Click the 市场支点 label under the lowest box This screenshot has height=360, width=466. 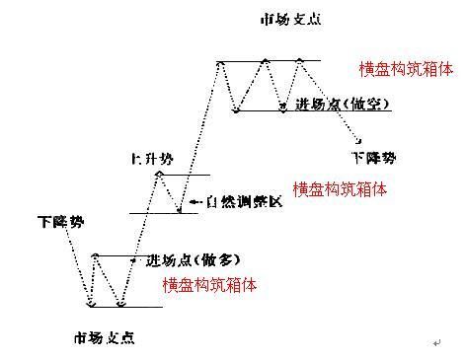coord(104,337)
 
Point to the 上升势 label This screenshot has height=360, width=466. coord(150,158)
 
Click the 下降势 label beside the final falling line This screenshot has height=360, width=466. coord(373,157)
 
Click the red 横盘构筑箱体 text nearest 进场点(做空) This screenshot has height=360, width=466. coord(406,68)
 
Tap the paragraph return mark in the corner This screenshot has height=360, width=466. coord(435,342)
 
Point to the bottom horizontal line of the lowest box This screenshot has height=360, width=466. coord(123,306)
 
